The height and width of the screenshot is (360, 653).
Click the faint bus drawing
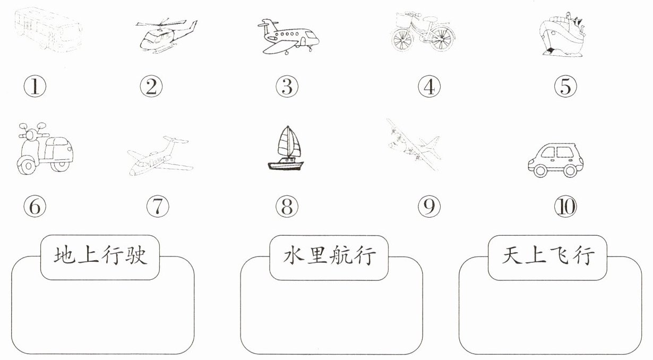click(x=48, y=30)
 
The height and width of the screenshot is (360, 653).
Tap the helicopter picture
click(x=166, y=36)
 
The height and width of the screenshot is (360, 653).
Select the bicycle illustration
click(x=423, y=31)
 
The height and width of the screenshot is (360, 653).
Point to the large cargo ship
click(x=563, y=35)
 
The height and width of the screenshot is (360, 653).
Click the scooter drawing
click(x=45, y=148)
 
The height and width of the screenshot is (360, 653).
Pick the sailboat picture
click(x=286, y=148)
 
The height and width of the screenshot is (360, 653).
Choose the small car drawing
click(x=556, y=160)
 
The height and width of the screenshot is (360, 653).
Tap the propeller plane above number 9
click(x=414, y=144)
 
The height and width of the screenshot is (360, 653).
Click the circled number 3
click(x=287, y=87)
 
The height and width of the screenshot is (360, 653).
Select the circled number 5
click(x=565, y=87)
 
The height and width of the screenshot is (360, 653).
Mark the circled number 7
click(x=158, y=207)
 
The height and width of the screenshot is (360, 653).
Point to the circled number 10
click(x=565, y=207)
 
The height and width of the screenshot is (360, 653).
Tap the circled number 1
click(x=35, y=87)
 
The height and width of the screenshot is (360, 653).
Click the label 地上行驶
click(x=100, y=256)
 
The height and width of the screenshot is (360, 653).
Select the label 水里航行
click(x=329, y=256)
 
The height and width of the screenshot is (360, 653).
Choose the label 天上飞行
click(x=548, y=256)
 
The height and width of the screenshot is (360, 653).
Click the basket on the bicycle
click(x=405, y=20)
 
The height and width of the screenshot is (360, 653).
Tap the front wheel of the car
click(x=540, y=170)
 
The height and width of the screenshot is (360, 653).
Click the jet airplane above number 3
click(x=288, y=37)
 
